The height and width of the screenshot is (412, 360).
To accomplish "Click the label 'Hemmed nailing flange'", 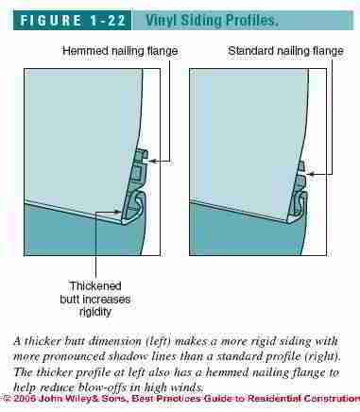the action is point(120,51).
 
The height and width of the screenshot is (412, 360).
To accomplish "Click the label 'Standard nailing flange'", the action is point(285,51).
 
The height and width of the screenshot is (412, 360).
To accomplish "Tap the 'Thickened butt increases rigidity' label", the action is point(95,299).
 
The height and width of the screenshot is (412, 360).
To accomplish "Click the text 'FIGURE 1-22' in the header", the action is point(73,21).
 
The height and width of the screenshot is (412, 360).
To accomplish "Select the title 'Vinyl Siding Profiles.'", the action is point(212,21).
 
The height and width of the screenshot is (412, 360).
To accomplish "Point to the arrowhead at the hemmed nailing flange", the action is point(151,162).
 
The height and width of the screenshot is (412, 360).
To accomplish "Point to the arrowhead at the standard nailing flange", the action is point(311,174).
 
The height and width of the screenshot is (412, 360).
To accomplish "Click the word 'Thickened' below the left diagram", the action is point(95,286).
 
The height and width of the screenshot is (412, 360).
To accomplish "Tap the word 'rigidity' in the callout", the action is point(95,312).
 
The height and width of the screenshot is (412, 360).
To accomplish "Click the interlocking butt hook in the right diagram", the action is point(299,206).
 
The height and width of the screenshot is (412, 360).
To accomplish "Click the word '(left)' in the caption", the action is point(158,341).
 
